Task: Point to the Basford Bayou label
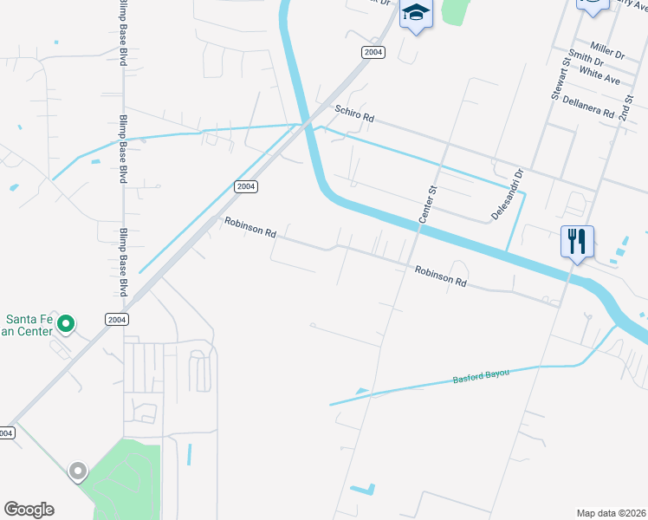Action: (481, 376)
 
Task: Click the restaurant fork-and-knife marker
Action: (578, 240)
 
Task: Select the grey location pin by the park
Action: (78, 471)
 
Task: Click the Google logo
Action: (29, 510)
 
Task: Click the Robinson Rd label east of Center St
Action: (440, 276)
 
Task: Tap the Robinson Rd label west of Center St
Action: (249, 227)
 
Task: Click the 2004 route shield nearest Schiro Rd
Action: (373, 53)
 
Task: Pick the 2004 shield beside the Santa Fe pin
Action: (118, 319)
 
